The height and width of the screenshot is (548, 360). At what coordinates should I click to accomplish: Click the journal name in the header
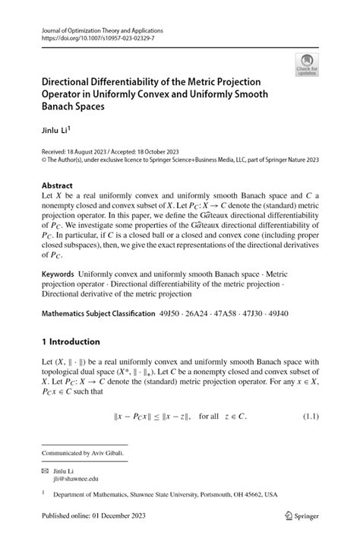click(103, 31)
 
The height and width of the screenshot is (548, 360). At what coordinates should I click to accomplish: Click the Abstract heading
click(58, 185)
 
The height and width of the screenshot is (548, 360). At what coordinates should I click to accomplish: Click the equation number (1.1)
click(309, 417)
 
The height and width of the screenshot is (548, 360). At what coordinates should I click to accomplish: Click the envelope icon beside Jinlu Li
click(46, 471)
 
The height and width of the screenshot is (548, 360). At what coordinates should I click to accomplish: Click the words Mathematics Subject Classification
click(108, 313)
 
